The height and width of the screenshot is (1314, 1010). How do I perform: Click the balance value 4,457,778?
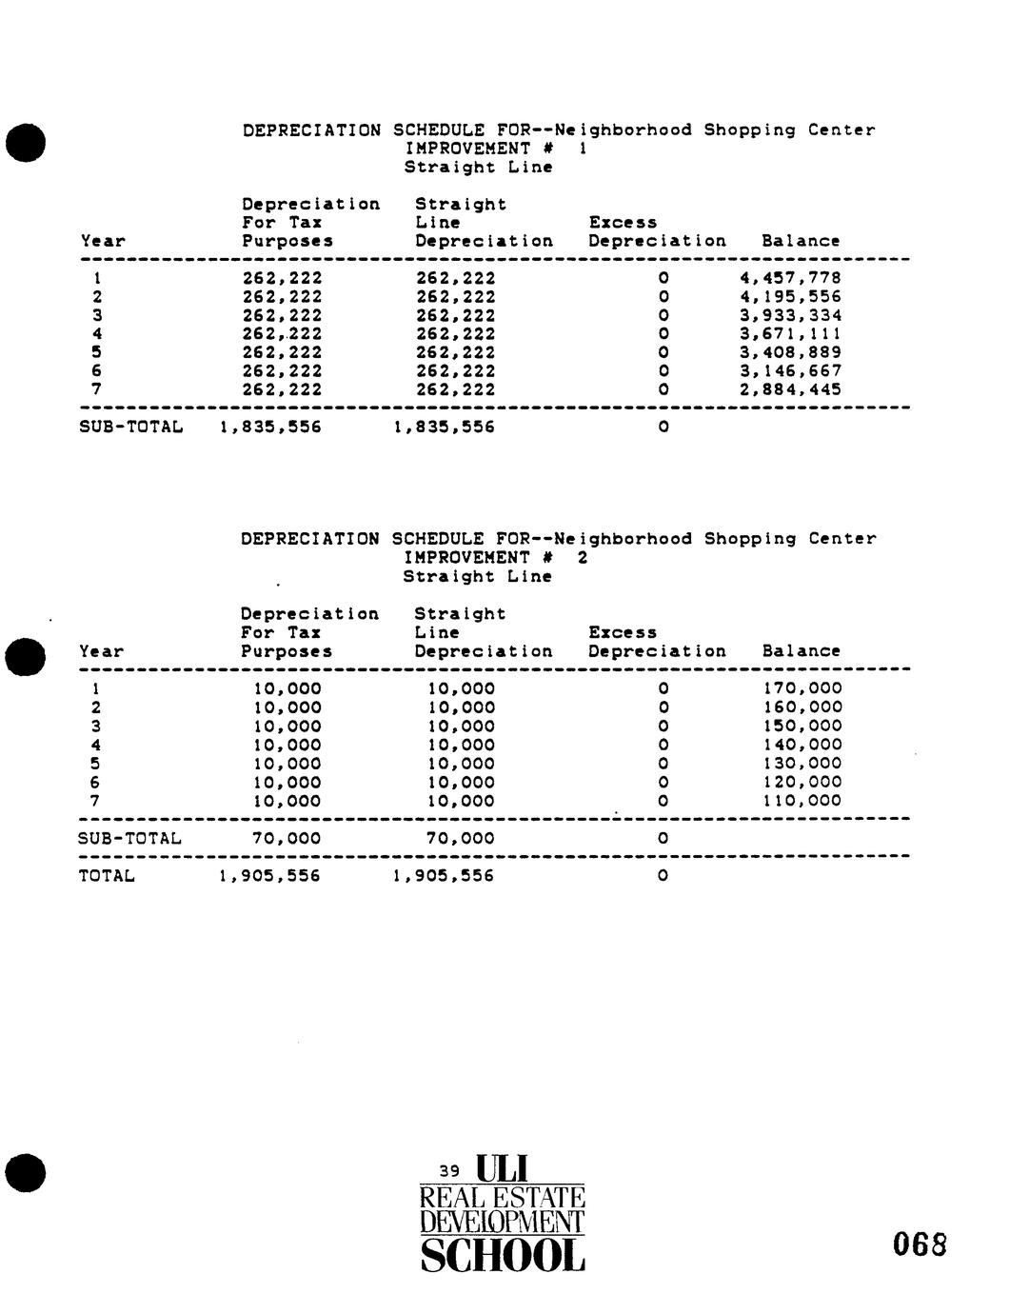click(x=790, y=278)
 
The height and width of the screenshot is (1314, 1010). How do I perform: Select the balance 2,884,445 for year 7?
click(x=790, y=389)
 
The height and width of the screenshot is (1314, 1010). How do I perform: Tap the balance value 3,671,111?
click(x=790, y=334)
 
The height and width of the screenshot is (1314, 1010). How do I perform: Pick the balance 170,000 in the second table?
click(x=802, y=688)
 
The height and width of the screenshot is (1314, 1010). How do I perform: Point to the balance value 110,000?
click(x=802, y=801)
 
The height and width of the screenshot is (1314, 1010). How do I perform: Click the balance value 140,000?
click(x=802, y=745)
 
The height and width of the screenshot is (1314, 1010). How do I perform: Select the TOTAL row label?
click(x=107, y=876)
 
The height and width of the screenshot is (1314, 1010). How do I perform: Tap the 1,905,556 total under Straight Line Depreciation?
click(x=444, y=876)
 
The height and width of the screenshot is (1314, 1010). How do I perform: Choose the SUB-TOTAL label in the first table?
click(x=129, y=428)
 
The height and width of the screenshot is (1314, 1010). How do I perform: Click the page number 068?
click(x=921, y=1244)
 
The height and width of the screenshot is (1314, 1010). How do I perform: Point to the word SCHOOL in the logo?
click(x=503, y=1257)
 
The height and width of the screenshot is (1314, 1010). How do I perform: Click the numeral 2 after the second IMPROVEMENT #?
click(x=583, y=558)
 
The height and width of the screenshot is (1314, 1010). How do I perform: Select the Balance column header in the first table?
click(x=801, y=242)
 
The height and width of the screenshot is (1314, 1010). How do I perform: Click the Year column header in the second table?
click(x=102, y=652)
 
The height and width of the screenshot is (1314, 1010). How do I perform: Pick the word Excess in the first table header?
click(x=623, y=223)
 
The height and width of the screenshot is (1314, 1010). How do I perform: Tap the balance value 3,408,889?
click(x=790, y=352)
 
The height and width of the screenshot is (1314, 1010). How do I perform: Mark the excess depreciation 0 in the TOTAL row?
click(x=663, y=876)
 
